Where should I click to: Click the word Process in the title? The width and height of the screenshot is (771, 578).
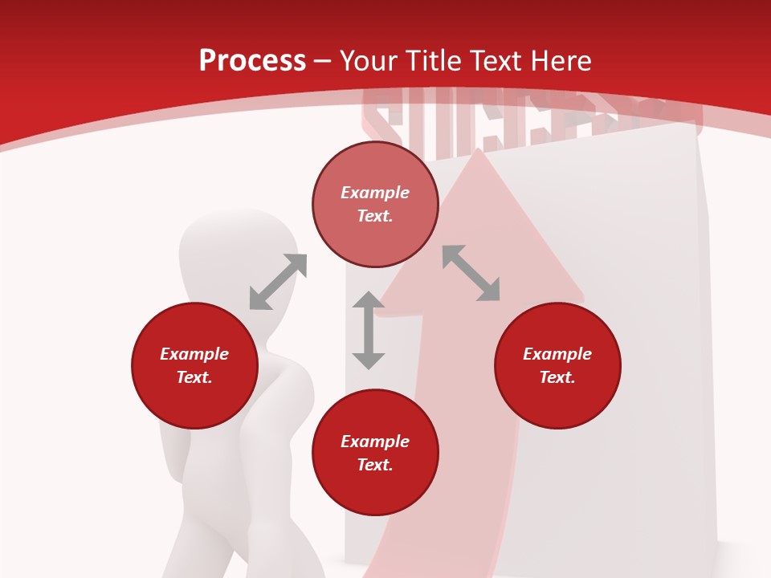(252, 61)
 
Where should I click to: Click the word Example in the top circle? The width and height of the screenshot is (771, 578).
(375, 193)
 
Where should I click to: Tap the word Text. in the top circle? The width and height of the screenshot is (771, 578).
(375, 216)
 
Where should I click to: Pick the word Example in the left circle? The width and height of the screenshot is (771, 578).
(194, 354)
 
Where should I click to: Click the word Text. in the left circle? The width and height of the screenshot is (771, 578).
(194, 377)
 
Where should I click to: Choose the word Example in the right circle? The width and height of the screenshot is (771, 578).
(557, 354)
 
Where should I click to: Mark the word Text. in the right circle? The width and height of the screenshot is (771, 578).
(557, 377)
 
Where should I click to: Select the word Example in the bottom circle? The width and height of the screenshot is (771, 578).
(375, 442)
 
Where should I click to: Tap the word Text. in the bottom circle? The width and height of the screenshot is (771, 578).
(375, 465)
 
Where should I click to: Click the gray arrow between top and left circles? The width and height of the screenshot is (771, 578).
(278, 282)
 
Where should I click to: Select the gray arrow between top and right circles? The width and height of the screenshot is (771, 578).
(471, 273)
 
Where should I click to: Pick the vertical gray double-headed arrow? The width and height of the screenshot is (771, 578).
(369, 330)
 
